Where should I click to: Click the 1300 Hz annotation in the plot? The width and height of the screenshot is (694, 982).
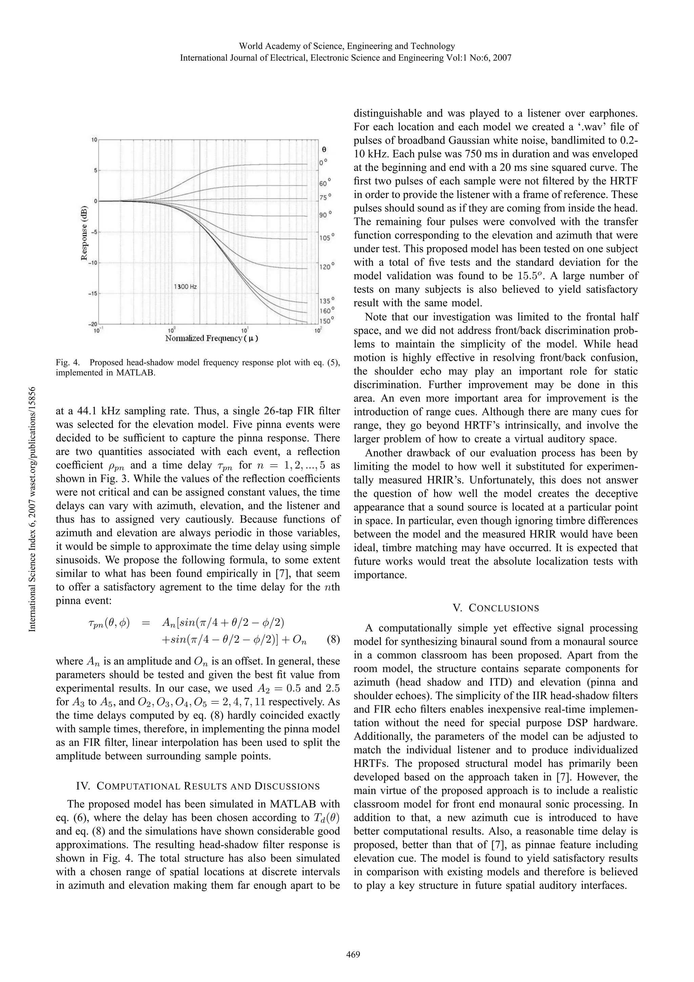(185, 286)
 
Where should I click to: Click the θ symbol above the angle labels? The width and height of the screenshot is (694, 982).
(324, 150)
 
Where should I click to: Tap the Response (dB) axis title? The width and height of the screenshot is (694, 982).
(85, 234)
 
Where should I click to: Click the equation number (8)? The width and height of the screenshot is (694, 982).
(333, 640)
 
